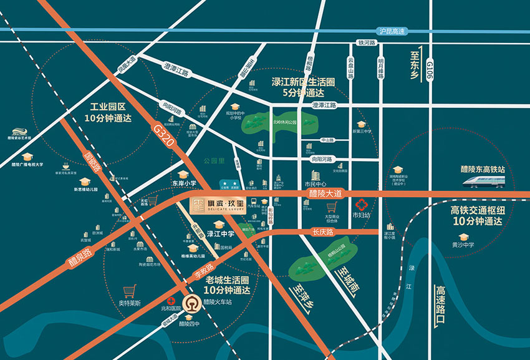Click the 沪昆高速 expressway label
392,31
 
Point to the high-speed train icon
486,181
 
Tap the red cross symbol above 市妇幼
360,204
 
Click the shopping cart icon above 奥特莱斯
130,291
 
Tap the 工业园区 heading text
108,107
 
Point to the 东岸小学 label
184,183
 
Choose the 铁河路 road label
367,43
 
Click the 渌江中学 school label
220,234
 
